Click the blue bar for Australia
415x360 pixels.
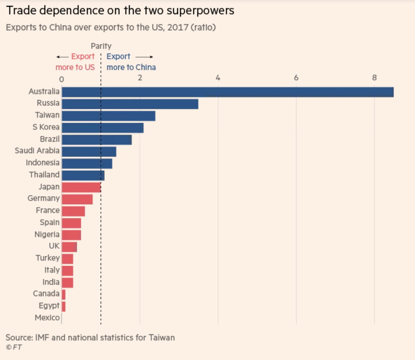point(228,92)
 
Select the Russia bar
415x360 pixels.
point(130,104)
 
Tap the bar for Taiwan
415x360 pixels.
point(109,116)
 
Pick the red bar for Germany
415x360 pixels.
point(77,199)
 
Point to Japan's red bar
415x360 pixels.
point(82,187)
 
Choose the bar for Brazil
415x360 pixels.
point(97,140)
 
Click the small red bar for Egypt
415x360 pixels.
point(64,306)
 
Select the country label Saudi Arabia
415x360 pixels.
point(37,151)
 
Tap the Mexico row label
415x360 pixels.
point(47,318)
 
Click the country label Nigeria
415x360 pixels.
point(47,235)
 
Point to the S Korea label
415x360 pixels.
point(46,127)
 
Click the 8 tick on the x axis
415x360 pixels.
point(374,78)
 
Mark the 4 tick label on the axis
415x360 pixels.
point(218,78)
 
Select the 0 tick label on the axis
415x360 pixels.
point(62,79)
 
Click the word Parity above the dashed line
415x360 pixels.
point(101,46)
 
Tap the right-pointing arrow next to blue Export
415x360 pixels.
point(144,57)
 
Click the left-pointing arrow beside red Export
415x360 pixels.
point(63,57)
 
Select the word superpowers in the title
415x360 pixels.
point(200,10)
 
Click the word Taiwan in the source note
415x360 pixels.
point(162,337)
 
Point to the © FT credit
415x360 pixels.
point(14,347)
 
